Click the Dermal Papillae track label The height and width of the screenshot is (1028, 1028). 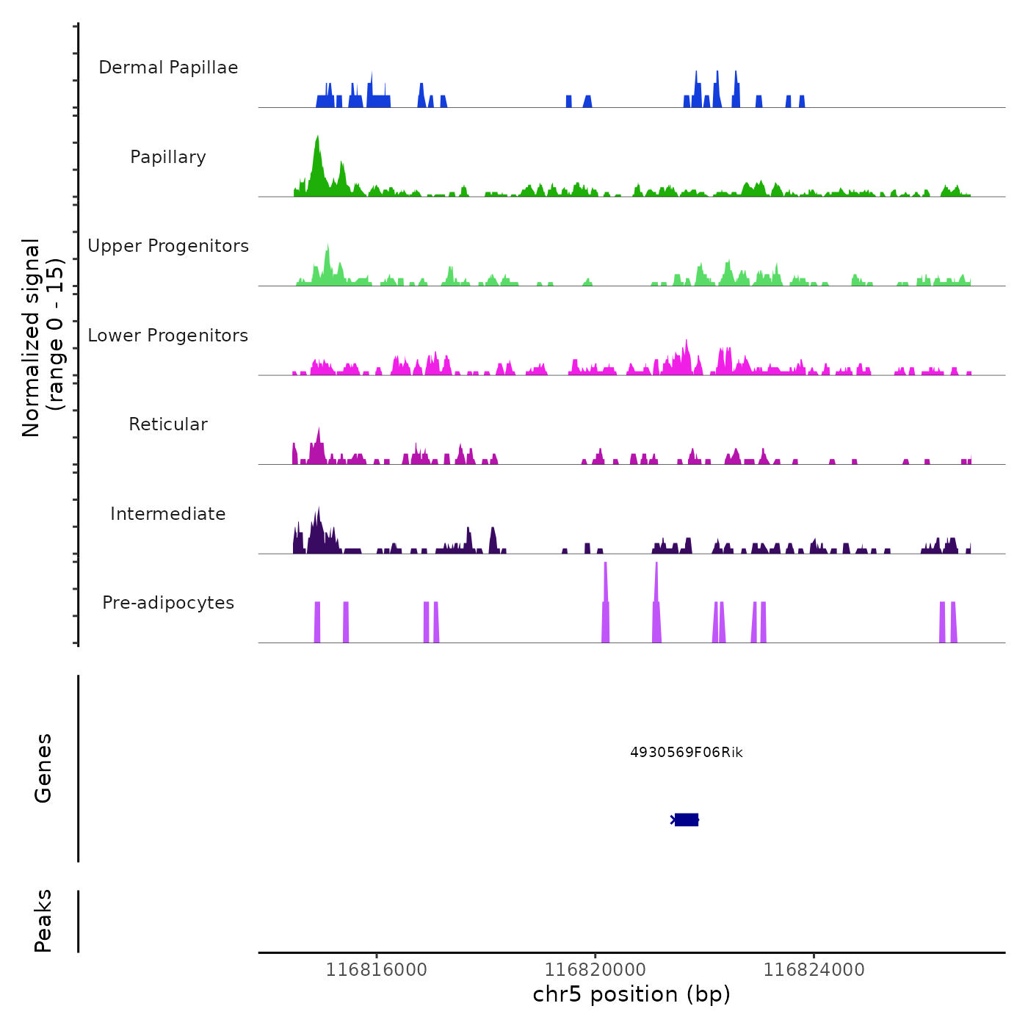click(x=168, y=68)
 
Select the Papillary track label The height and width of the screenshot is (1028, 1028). click(x=168, y=157)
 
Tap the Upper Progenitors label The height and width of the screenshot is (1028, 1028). click(x=168, y=246)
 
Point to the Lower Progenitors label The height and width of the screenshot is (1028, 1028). click(x=168, y=336)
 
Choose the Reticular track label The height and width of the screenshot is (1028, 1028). click(x=168, y=424)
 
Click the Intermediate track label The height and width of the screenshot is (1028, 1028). click(x=168, y=514)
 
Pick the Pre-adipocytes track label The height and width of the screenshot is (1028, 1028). click(x=168, y=603)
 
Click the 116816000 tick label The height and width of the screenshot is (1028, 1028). click(x=376, y=970)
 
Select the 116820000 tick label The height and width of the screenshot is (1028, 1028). click(x=596, y=970)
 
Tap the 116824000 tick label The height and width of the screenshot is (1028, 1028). click(x=814, y=970)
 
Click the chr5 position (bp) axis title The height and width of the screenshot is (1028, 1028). click(x=631, y=995)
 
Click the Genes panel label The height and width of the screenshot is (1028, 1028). click(x=43, y=768)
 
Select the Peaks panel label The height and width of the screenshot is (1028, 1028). click(x=43, y=921)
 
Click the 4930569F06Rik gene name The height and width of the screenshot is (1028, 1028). click(x=687, y=753)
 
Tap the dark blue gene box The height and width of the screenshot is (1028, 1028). click(x=687, y=819)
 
